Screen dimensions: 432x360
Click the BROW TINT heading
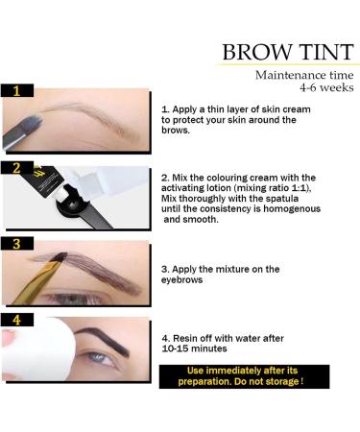(284, 52)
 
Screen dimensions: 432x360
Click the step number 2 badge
(17, 167)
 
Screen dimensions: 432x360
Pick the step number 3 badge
(17, 244)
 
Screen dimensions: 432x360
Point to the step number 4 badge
(18, 320)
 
